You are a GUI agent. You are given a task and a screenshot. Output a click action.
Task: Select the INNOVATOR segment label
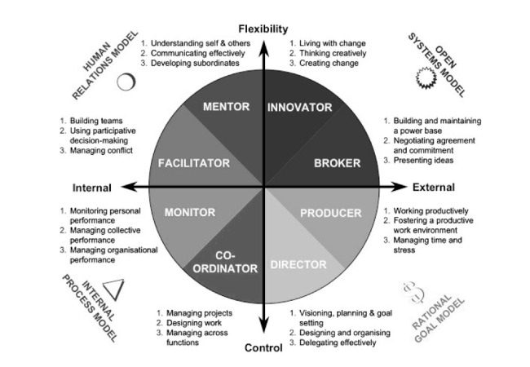300,107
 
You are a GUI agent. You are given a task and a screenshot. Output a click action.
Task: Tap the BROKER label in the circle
337,163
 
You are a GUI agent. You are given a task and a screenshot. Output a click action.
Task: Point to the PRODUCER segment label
330,214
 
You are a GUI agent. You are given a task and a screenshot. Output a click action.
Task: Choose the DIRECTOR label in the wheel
298,264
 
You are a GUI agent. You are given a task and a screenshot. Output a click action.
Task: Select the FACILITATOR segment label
194,163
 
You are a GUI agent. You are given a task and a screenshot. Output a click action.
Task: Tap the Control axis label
263,349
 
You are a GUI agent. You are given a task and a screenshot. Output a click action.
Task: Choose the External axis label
433,188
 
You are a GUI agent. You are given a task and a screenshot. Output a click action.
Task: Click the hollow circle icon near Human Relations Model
126,82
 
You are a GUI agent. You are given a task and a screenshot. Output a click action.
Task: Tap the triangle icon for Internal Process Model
114,287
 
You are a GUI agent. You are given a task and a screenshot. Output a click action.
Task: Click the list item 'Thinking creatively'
331,53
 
